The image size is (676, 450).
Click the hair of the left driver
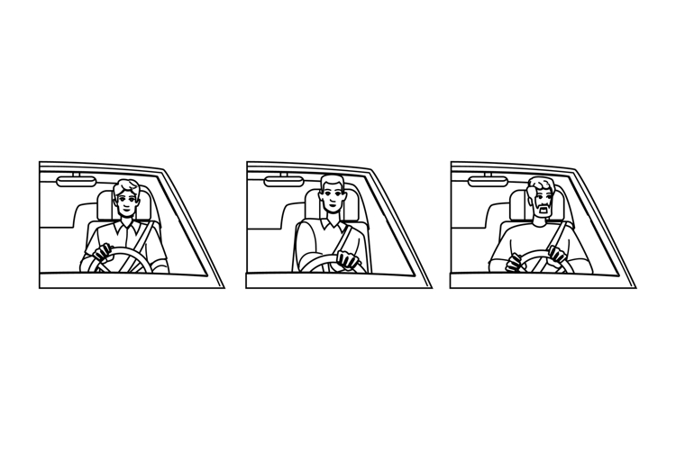[x=126, y=186]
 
